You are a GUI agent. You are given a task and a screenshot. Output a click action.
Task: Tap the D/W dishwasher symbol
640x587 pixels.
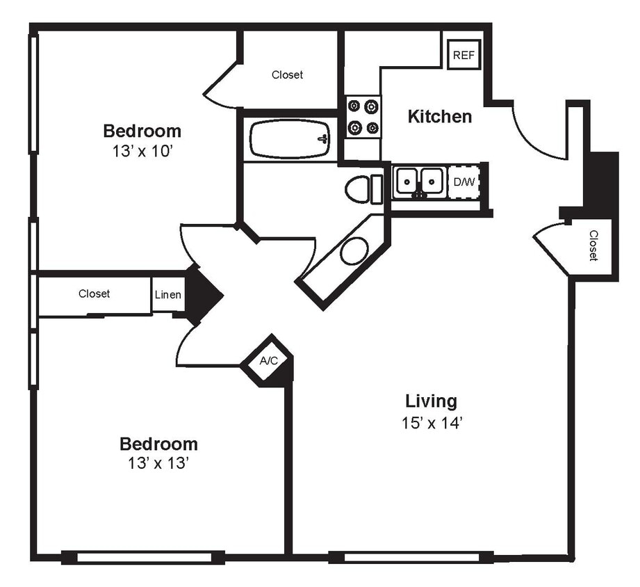(x=463, y=182)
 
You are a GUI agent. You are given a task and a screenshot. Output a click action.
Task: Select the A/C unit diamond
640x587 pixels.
(x=269, y=361)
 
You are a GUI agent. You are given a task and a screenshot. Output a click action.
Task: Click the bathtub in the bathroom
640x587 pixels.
(x=290, y=139)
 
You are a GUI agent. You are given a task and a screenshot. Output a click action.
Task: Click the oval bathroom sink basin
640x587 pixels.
(x=354, y=250)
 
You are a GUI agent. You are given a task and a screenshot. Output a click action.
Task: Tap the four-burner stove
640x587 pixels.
(x=363, y=117)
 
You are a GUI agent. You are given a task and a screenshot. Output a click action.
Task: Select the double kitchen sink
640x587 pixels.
(x=419, y=182)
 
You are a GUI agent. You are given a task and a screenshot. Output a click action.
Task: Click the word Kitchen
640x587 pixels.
(x=439, y=117)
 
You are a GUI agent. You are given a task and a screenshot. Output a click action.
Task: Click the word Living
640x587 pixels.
(x=431, y=401)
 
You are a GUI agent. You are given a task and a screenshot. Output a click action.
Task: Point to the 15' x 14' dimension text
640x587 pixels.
(x=431, y=423)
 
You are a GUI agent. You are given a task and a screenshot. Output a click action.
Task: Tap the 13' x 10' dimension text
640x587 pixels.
(x=142, y=151)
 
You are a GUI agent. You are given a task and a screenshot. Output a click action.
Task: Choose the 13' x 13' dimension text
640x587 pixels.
(x=158, y=464)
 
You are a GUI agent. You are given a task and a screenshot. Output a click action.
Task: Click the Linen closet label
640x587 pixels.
(x=168, y=295)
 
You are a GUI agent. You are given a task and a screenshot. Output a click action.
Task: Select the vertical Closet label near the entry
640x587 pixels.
(x=593, y=246)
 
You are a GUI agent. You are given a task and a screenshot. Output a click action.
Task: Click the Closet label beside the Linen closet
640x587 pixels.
(x=94, y=294)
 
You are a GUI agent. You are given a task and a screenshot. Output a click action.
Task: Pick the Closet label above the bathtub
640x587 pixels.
(x=287, y=75)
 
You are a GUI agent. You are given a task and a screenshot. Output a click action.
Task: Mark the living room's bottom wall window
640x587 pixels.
(x=411, y=557)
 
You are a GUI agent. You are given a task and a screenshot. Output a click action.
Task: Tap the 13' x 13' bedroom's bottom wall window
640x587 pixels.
(x=143, y=557)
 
